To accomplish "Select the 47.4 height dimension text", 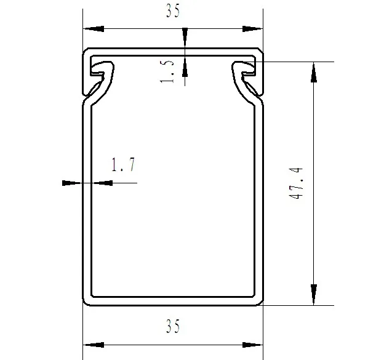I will pyautogui.click(x=298, y=183).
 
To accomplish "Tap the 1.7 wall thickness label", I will pyautogui.click(x=122, y=165).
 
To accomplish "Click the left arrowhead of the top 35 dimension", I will pyautogui.click(x=93, y=28).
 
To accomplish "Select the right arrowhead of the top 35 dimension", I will pyautogui.click(x=253, y=28).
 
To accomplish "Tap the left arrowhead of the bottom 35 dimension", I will pyautogui.click(x=93, y=343).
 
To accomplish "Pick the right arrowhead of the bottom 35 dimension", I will pyautogui.click(x=253, y=343).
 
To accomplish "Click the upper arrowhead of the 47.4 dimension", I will pyautogui.click(x=314, y=72).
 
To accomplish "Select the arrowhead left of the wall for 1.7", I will pyautogui.click(x=73, y=182).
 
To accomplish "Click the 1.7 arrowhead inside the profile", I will pyautogui.click(x=102, y=182).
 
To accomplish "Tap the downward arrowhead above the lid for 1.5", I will pyautogui.click(x=185, y=38).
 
